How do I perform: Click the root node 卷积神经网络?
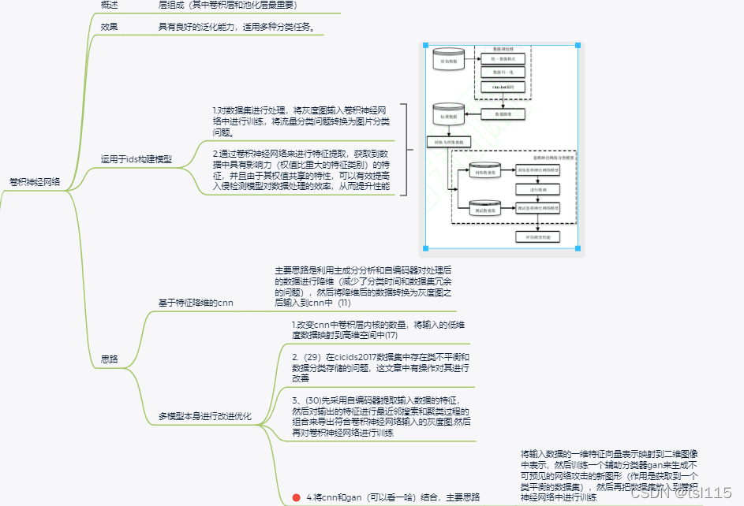pyautogui.click(x=36, y=181)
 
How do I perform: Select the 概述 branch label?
pyautogui.click(x=110, y=5)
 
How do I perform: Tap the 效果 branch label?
pyautogui.click(x=110, y=27)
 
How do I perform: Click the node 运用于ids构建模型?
pyautogui.click(x=136, y=159)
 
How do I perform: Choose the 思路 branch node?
pyautogui.click(x=110, y=359)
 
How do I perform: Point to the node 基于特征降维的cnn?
pyautogui.click(x=196, y=302)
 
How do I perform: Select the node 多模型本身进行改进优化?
pyautogui.click(x=205, y=415)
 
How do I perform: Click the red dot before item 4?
pyautogui.click(x=296, y=497)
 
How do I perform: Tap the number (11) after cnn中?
pyautogui.click(x=345, y=302)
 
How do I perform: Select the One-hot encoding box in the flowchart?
pyautogui.click(x=503, y=86)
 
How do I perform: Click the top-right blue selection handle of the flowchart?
pyautogui.click(x=578, y=46)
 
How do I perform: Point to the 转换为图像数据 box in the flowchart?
pyautogui.click(x=448, y=143)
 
